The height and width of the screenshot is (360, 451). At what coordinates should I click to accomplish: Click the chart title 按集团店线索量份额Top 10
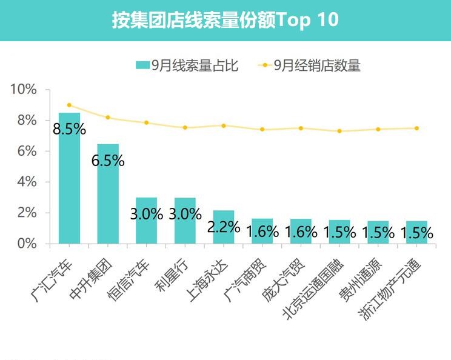coord(225,20)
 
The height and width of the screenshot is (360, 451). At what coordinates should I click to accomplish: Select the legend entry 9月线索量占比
coord(187,65)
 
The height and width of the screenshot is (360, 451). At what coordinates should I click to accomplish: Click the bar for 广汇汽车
coord(69,182)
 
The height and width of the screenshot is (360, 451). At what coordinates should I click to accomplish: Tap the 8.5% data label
coord(69,129)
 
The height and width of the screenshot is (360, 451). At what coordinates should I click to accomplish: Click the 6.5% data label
coord(108,161)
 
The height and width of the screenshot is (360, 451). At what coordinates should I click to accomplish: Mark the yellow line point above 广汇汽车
coord(69,105)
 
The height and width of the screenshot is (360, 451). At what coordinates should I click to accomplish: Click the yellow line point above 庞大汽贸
coord(301,128)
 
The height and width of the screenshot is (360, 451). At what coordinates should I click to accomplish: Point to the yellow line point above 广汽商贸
coord(262,129)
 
